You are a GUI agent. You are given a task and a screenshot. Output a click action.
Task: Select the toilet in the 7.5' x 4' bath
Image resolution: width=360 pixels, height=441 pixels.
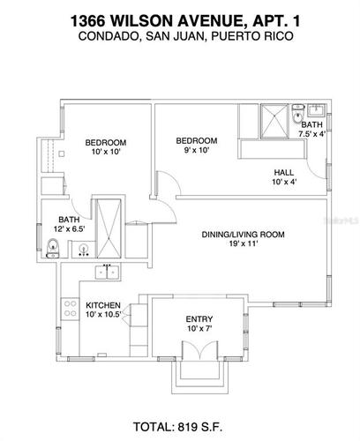pyautogui.click(x=298, y=112)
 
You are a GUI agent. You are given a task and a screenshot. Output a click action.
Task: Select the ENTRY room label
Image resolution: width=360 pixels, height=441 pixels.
pyautogui.click(x=199, y=319)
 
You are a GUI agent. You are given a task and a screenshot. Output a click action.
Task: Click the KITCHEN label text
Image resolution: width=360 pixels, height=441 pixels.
pyautogui.click(x=102, y=305)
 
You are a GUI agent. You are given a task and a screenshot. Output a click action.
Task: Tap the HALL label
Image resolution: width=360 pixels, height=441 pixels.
pyautogui.click(x=284, y=172)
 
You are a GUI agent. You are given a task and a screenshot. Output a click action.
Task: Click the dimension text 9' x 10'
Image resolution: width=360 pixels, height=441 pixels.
pyautogui.click(x=196, y=152)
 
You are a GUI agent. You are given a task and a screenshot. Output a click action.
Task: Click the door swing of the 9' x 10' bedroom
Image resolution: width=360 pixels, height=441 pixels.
pyautogui.click(x=165, y=201)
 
